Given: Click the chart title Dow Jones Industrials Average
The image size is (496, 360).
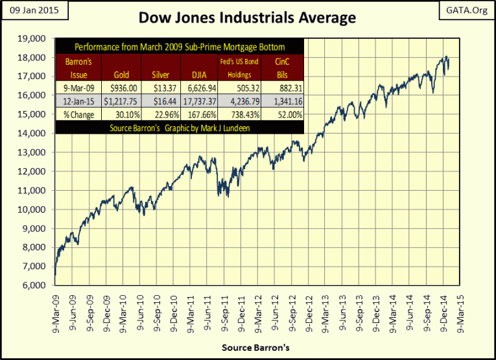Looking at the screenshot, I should (x=248, y=18).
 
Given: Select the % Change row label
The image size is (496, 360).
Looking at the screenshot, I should (x=78, y=115).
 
